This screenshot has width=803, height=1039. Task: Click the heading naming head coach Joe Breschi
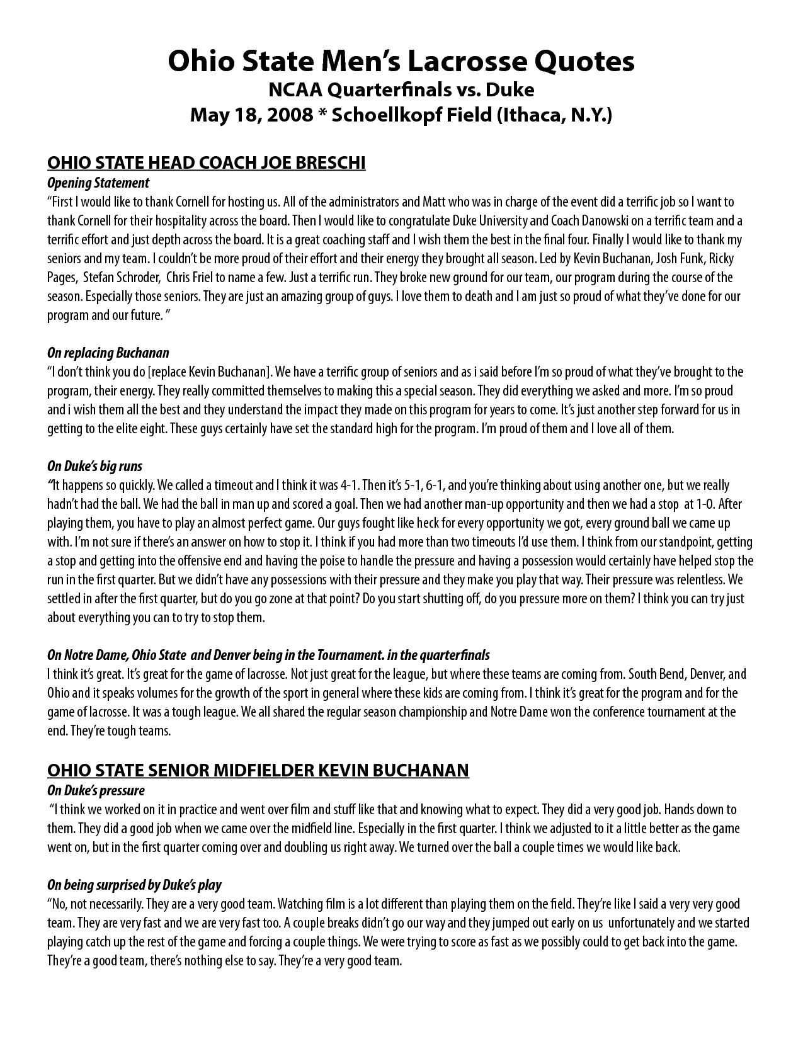pyautogui.click(x=207, y=163)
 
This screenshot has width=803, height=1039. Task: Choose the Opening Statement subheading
pyautogui.click(x=98, y=183)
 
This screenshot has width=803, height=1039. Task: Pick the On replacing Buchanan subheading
pyautogui.click(x=108, y=353)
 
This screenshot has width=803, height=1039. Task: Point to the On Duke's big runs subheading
pyautogui.click(x=94, y=466)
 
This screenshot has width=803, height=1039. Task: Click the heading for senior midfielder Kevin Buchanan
pyautogui.click(x=258, y=770)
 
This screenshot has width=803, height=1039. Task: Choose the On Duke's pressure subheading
pyautogui.click(x=96, y=790)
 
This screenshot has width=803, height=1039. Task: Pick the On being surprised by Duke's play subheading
pyautogui.click(x=134, y=885)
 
